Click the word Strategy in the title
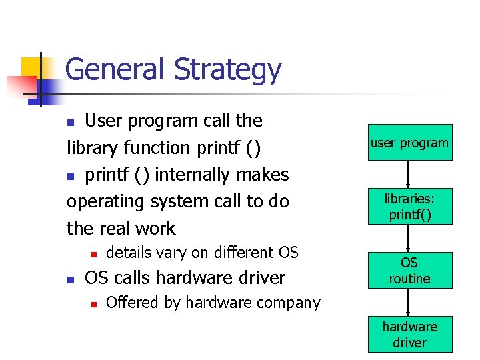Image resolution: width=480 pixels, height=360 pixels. click(227, 70)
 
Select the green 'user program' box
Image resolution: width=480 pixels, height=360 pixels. click(409, 143)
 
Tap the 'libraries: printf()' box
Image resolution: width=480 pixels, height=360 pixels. click(409, 207)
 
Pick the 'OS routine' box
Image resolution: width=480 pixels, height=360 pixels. click(409, 270)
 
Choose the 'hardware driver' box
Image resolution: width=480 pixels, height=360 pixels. click(409, 334)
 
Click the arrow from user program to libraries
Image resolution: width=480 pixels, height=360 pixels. click(409, 175)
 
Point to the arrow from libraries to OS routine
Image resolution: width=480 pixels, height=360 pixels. click(409, 238)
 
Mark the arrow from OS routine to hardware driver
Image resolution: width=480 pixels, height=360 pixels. click(409, 302)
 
